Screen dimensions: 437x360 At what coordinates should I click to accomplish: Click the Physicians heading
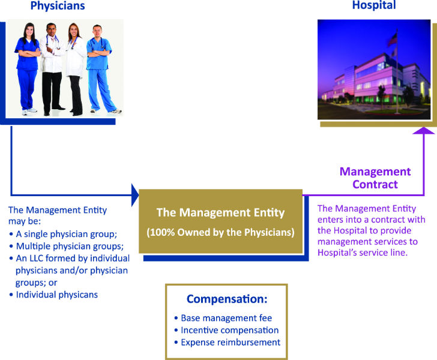pos(58,6)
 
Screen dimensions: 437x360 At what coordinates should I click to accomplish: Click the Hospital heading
pos(374,5)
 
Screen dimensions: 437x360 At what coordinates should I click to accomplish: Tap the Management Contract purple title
pos(375,178)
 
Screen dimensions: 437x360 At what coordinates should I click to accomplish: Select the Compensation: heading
pos(227,299)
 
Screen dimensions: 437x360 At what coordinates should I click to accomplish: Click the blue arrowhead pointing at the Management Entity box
pos(135,195)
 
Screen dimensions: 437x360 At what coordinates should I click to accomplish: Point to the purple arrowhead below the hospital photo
pos(424,130)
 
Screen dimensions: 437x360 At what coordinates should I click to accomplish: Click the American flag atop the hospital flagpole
pos(393,40)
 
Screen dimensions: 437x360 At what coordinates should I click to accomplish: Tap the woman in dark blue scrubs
pos(28,69)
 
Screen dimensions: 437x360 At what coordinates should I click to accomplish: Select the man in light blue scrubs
pos(100,69)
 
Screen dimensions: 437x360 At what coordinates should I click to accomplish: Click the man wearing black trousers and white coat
pos(52,69)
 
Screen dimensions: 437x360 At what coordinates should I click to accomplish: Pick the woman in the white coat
pos(75,69)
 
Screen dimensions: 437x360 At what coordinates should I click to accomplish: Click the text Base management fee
pos(226,318)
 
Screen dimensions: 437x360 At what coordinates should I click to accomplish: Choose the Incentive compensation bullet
pos(230,330)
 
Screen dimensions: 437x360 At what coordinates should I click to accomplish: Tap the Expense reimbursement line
pos(231,343)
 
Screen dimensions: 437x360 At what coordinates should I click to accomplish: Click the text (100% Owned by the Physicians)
pos(220,232)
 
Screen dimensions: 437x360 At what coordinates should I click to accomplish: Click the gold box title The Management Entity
pos(220,212)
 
